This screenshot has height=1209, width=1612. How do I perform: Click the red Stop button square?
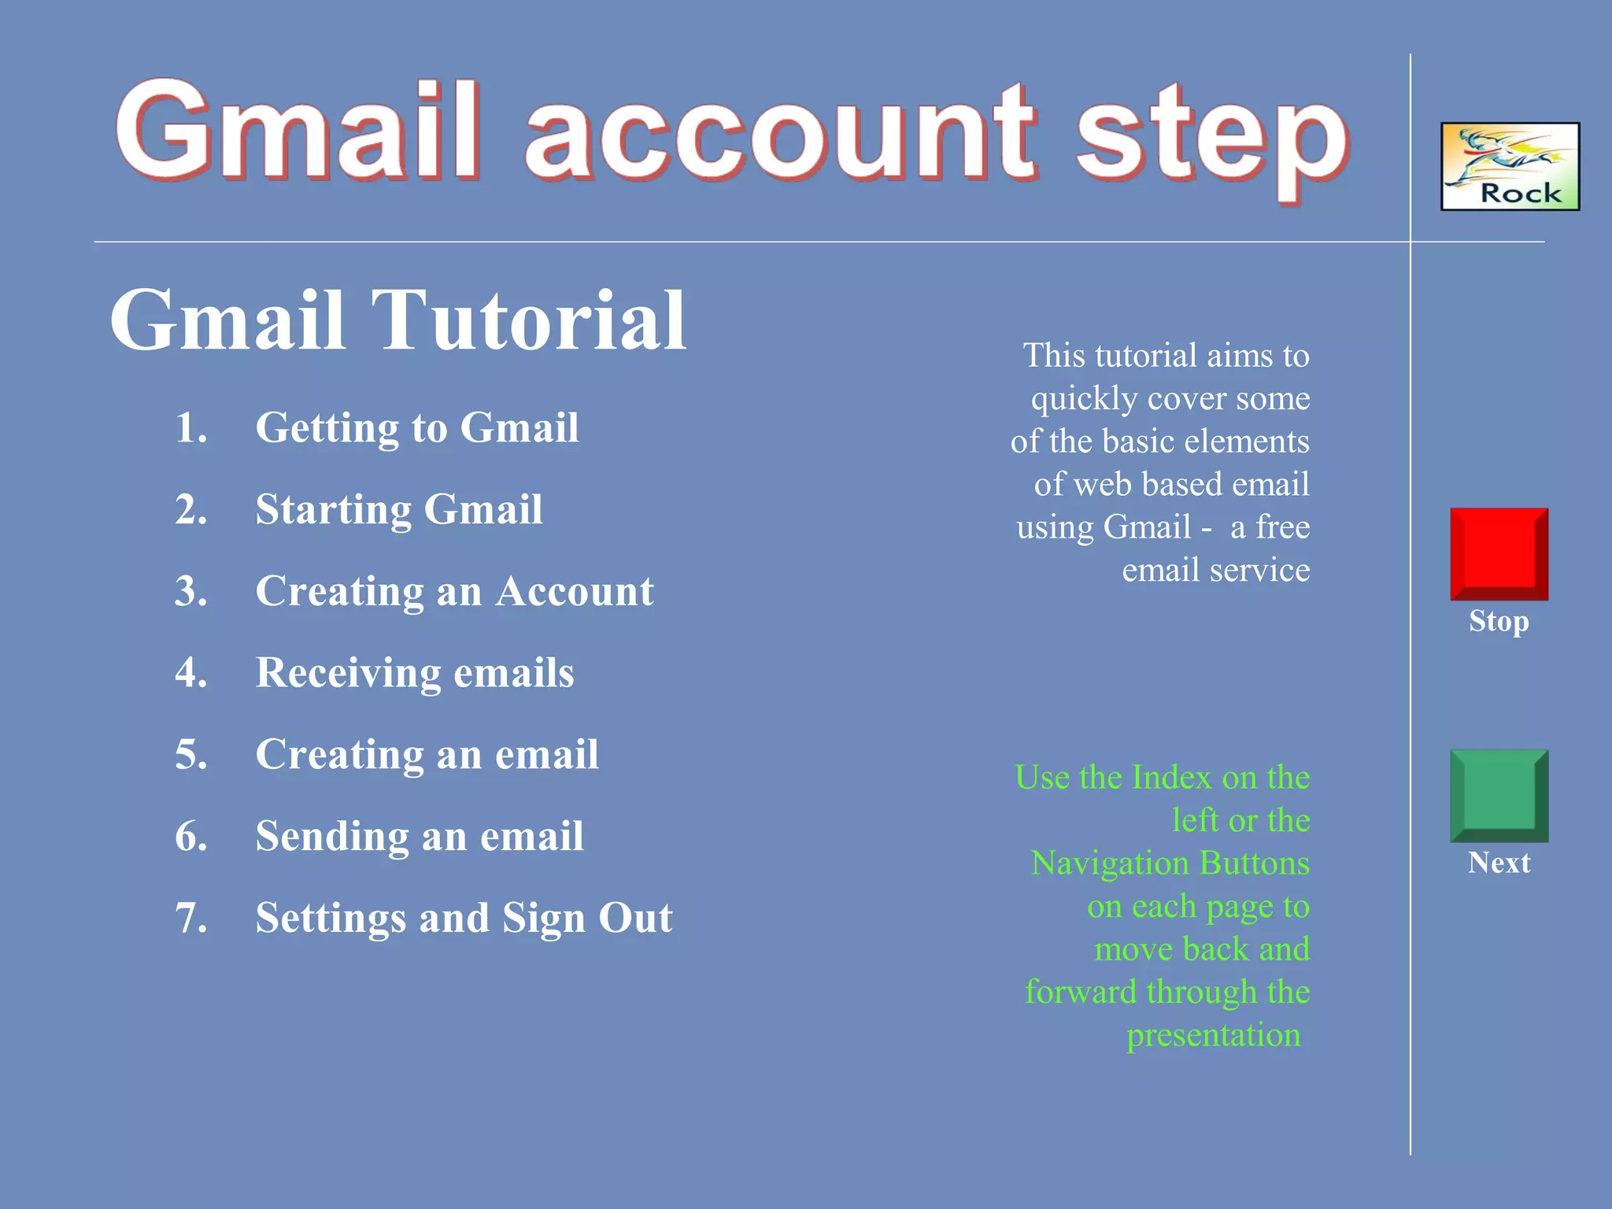click(x=1499, y=554)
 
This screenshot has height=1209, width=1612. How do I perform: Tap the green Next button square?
click(x=1499, y=796)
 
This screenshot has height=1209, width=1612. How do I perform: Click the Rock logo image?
click(x=1510, y=166)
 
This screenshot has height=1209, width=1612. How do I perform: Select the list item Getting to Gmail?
click(x=417, y=427)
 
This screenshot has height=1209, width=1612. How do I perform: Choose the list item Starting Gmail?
click(x=399, y=509)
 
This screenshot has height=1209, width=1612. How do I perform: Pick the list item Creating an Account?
click(x=454, y=591)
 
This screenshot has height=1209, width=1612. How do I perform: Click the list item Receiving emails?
click(x=415, y=673)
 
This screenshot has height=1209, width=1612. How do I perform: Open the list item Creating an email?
click(x=427, y=754)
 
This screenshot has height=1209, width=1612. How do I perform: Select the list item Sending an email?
click(x=420, y=836)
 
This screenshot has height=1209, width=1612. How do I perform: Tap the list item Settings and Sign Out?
click(x=464, y=918)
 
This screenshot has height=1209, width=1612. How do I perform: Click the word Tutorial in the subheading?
click(x=528, y=320)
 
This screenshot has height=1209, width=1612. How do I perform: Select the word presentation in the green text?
click(x=1213, y=1035)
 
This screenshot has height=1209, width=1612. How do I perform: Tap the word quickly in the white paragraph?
click(x=1084, y=399)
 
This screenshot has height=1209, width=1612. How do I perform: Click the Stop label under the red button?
click(x=1499, y=621)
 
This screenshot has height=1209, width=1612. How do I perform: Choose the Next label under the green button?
click(x=1499, y=863)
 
